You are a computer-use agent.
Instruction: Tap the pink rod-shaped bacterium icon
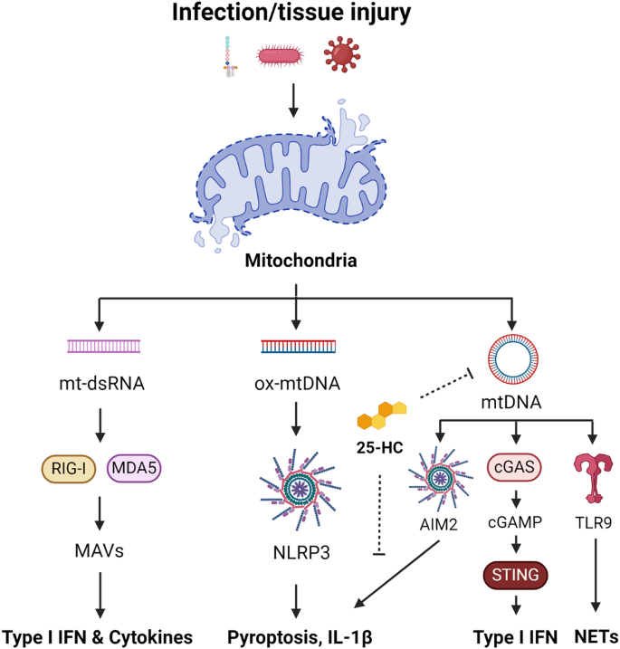pos(283,56)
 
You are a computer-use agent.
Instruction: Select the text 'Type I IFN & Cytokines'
pos(98,636)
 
